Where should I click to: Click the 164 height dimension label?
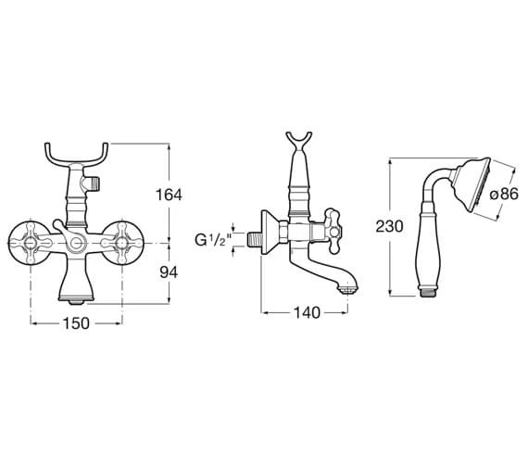click(169, 195)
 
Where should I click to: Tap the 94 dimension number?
click(169, 272)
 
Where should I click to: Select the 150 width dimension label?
click(76, 323)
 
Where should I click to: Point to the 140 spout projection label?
click(307, 312)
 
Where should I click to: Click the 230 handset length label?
click(389, 226)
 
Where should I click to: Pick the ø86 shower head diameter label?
click(504, 195)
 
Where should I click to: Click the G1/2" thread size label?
click(213, 240)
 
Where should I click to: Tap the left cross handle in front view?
click(31, 243)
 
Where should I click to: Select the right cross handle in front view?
click(122, 243)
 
